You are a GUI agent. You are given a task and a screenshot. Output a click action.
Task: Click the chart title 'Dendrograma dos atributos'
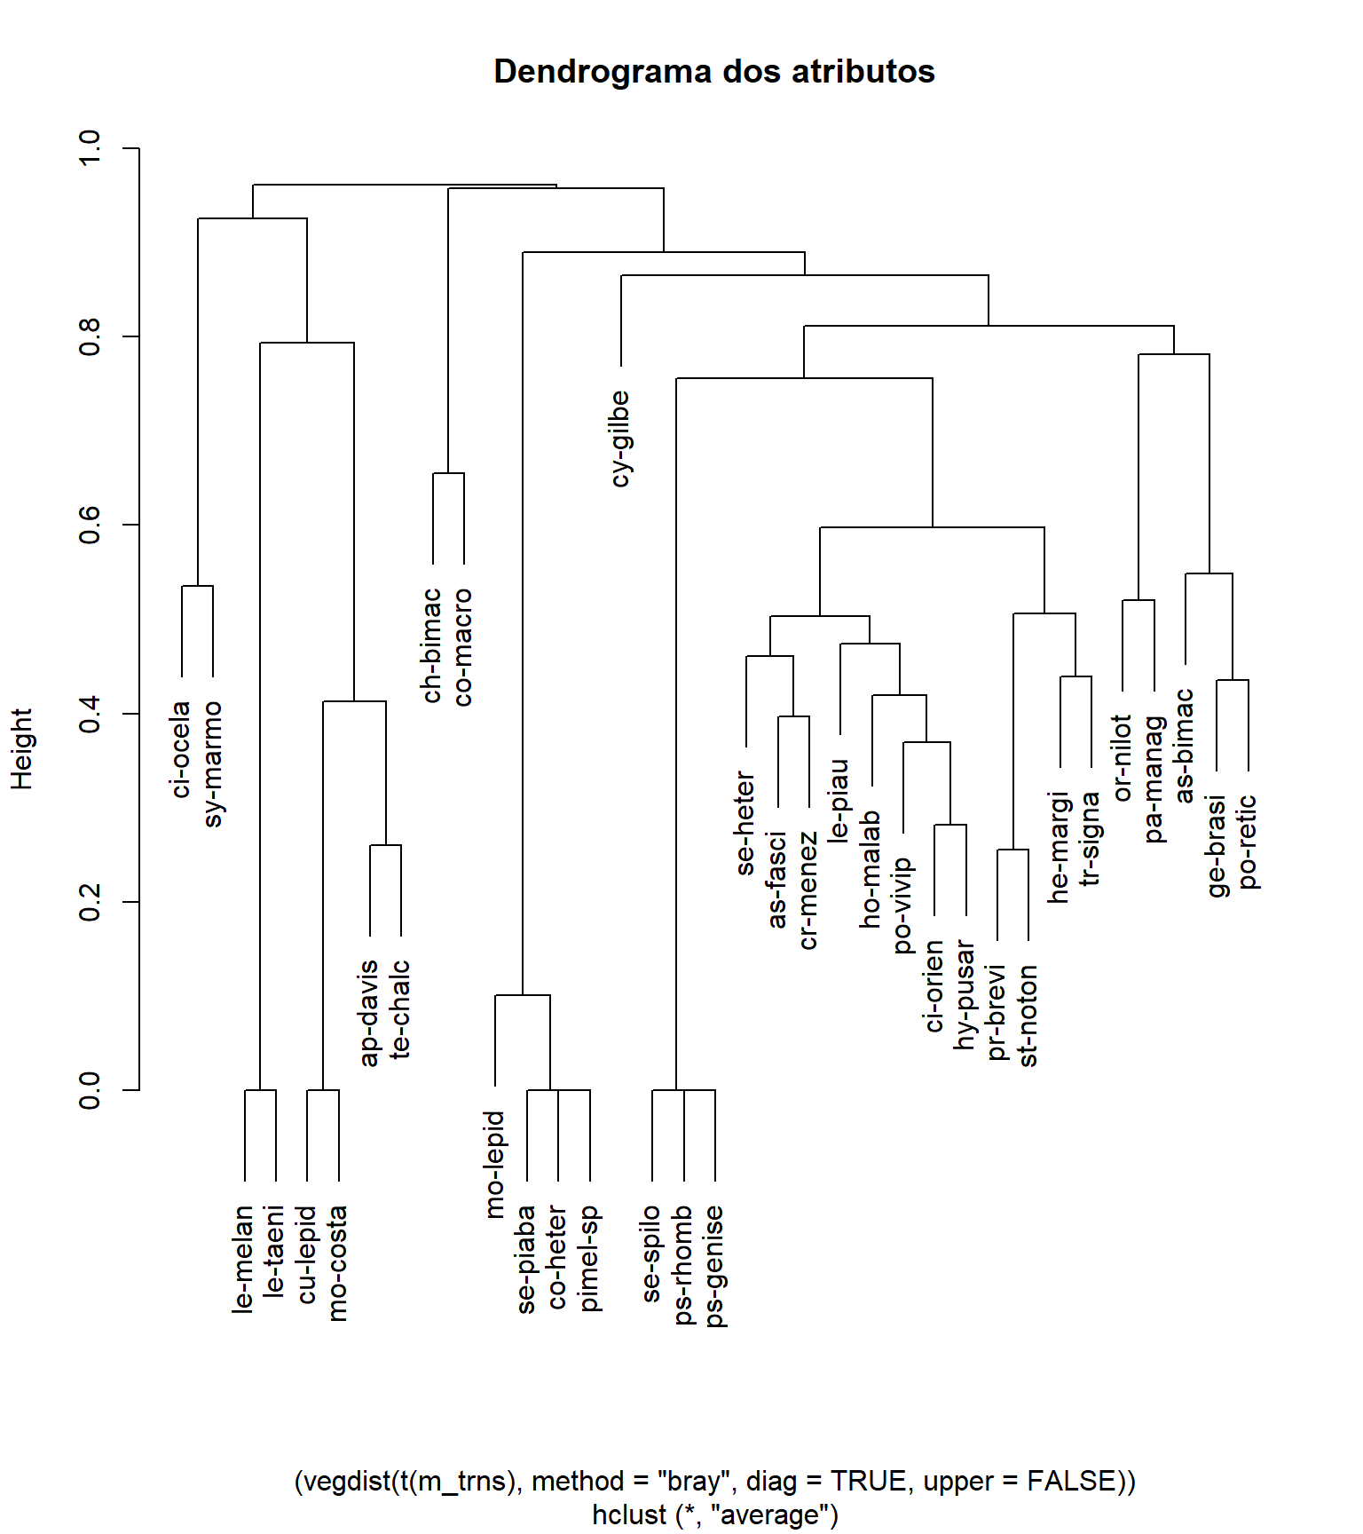(713, 72)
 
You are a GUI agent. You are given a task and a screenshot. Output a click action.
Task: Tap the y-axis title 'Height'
(21, 748)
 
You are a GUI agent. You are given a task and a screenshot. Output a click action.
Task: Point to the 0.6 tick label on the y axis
(91, 525)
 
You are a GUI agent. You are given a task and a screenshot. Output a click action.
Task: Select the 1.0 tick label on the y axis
(91, 147)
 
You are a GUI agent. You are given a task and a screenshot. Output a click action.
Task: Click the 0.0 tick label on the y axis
(91, 1090)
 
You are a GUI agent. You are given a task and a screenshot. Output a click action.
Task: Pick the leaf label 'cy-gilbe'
(620, 439)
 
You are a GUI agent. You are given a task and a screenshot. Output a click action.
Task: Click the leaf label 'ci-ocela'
(181, 749)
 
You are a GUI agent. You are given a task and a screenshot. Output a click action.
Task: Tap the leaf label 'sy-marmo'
(213, 763)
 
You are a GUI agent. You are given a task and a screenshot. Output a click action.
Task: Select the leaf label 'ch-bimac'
(432, 645)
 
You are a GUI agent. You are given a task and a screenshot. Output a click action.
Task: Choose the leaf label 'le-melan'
(244, 1259)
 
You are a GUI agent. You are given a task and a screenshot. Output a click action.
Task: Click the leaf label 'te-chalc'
(401, 1008)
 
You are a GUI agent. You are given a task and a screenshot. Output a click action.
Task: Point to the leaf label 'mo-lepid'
(495, 1164)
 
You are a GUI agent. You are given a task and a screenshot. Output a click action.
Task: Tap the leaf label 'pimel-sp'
(589, 1258)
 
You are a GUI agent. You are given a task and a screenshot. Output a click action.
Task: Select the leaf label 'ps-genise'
(714, 1266)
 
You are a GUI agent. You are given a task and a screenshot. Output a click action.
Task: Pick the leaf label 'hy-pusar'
(965, 995)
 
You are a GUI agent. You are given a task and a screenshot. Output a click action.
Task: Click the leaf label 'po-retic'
(1248, 842)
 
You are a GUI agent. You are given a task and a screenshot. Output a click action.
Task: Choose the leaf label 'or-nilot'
(1123, 757)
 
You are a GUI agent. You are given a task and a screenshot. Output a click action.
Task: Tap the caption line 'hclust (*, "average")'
(715, 1514)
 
